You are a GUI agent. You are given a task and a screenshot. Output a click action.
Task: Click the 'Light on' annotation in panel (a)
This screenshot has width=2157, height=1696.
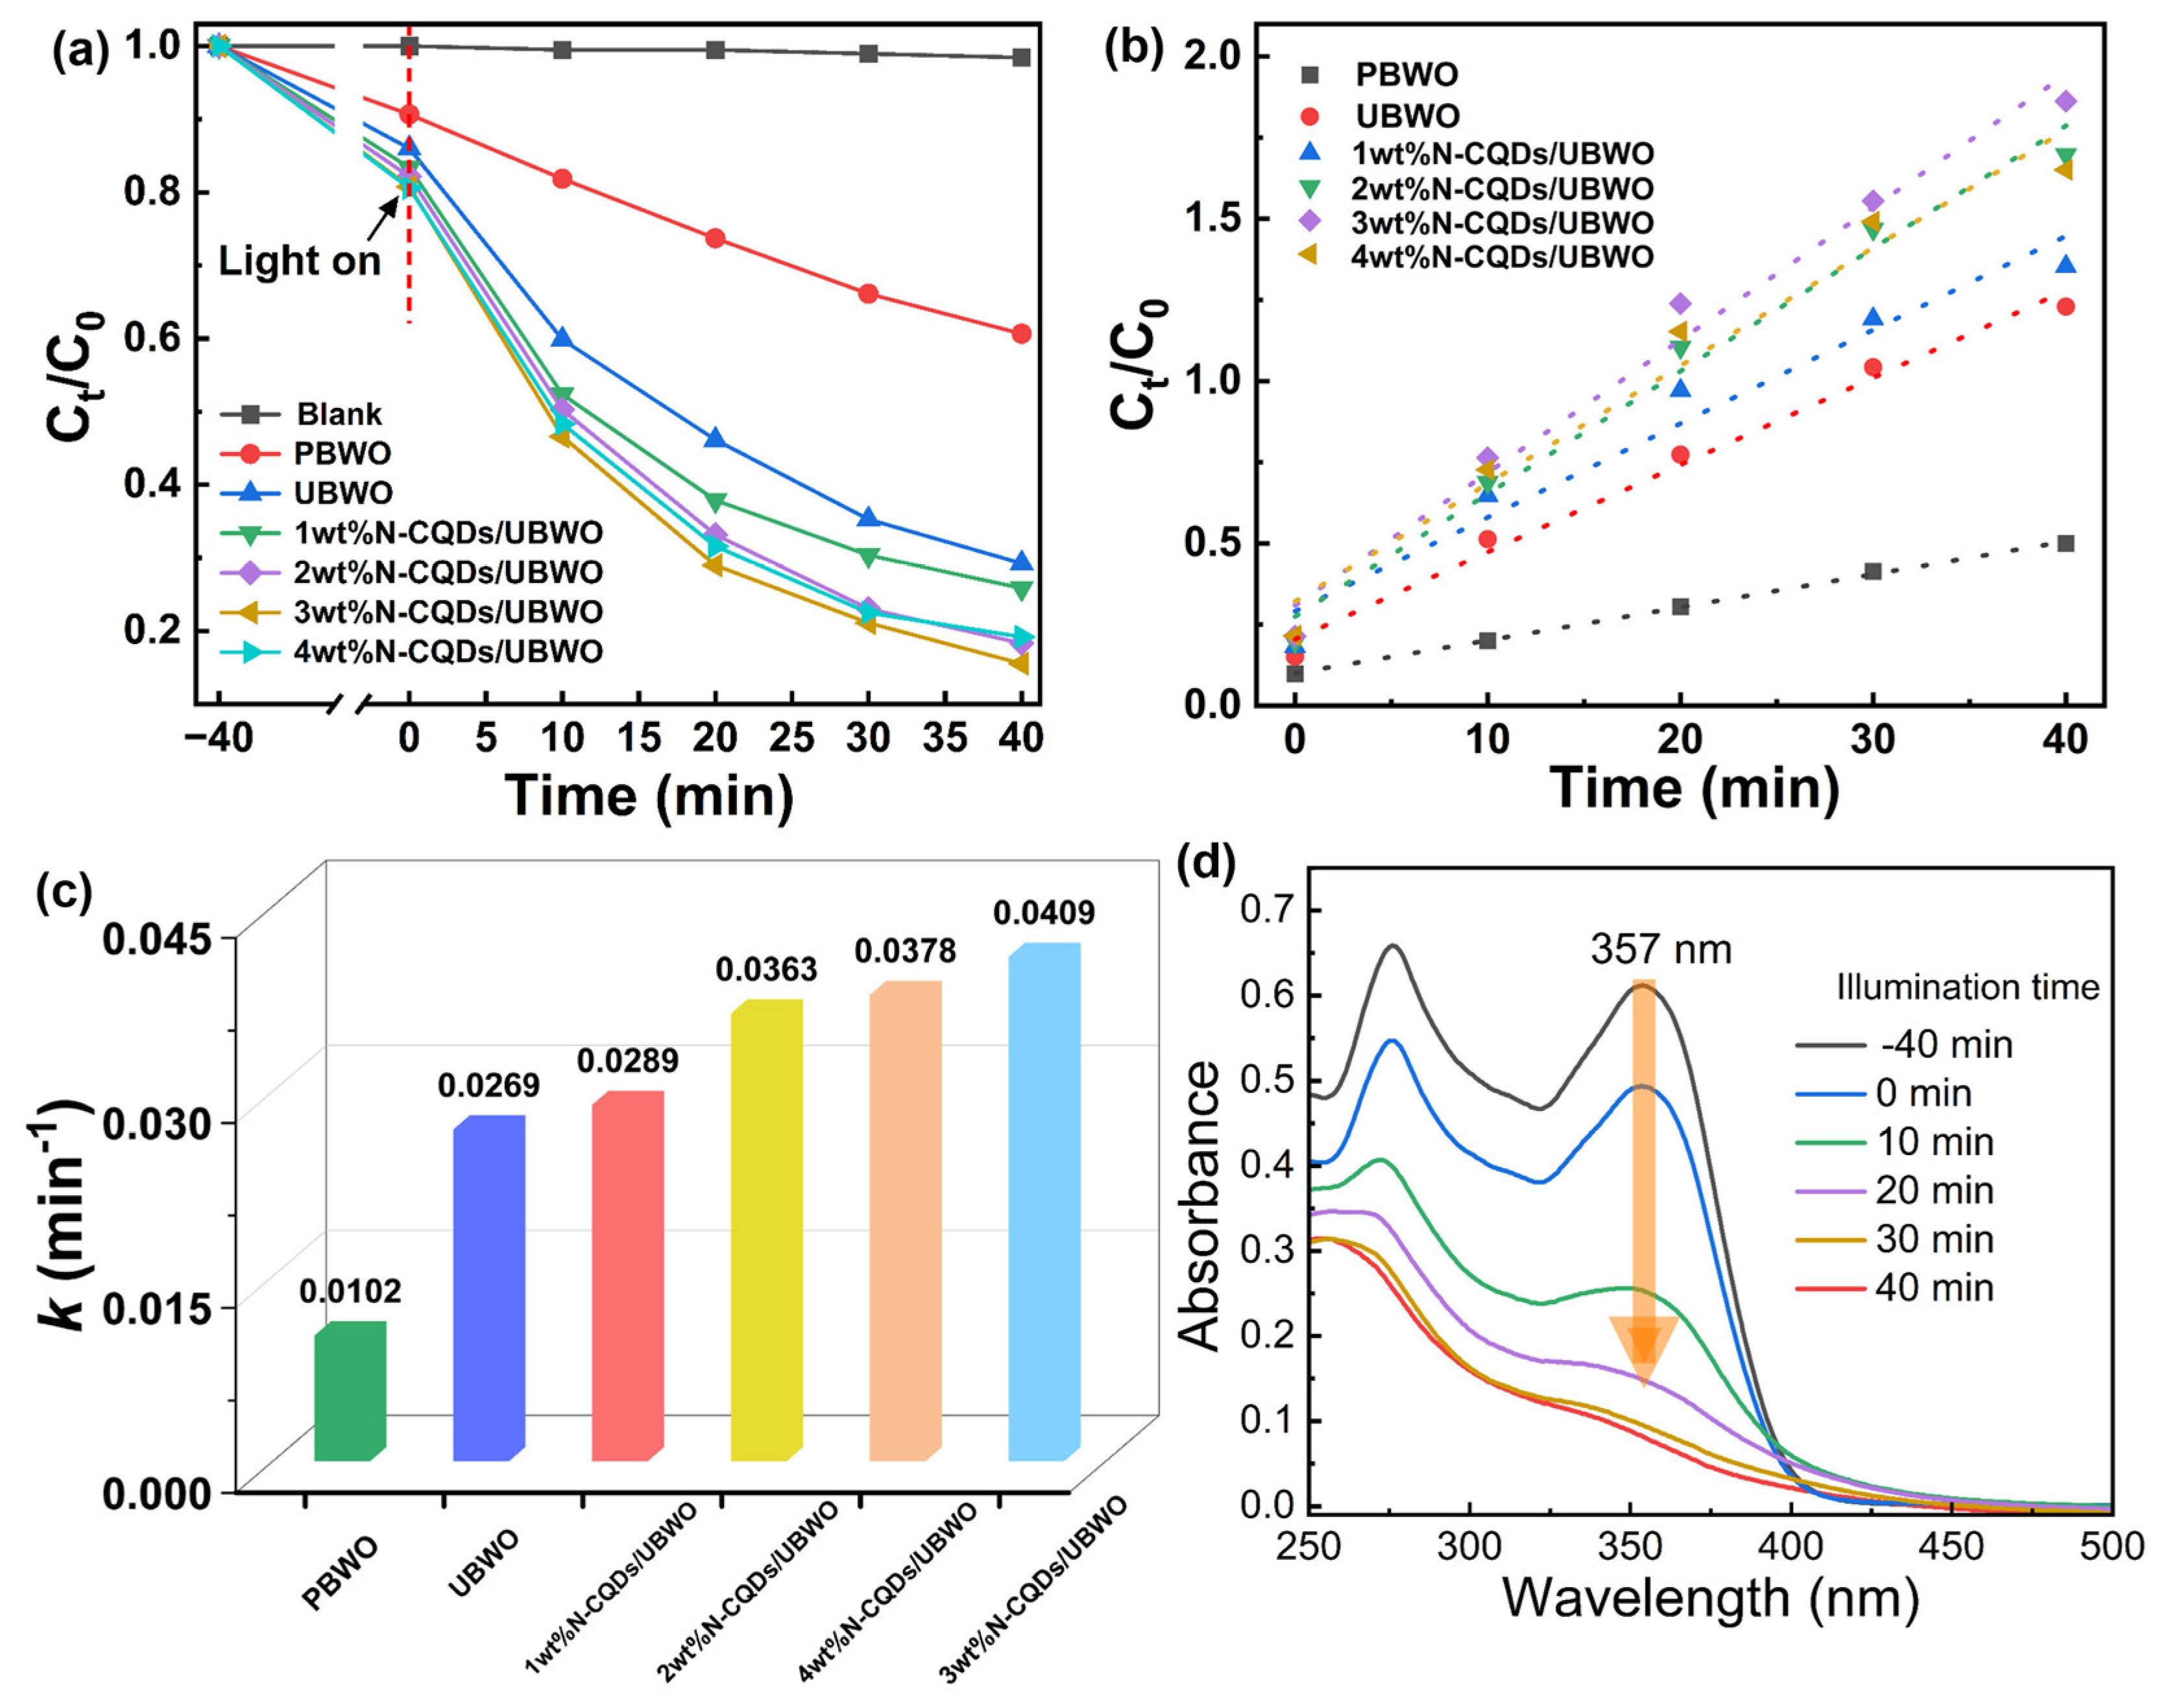(299, 261)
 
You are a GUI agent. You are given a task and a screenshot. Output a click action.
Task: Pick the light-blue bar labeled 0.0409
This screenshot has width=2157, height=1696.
(1044, 1202)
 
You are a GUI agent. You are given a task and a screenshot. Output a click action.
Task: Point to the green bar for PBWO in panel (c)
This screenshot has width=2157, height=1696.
(350, 1390)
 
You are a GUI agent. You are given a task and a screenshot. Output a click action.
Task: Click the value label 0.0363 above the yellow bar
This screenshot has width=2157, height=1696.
(765, 969)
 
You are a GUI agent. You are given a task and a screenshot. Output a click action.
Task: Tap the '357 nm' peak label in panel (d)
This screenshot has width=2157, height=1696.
(1661, 950)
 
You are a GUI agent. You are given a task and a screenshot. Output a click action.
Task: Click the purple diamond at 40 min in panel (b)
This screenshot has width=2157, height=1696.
(2066, 101)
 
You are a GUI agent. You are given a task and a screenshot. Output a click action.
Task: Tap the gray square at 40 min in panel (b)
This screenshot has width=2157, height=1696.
(2066, 543)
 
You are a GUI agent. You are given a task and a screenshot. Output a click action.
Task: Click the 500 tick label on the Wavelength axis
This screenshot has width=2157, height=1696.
(2112, 1546)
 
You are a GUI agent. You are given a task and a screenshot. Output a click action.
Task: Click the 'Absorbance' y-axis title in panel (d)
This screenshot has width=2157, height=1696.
(1199, 1206)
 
